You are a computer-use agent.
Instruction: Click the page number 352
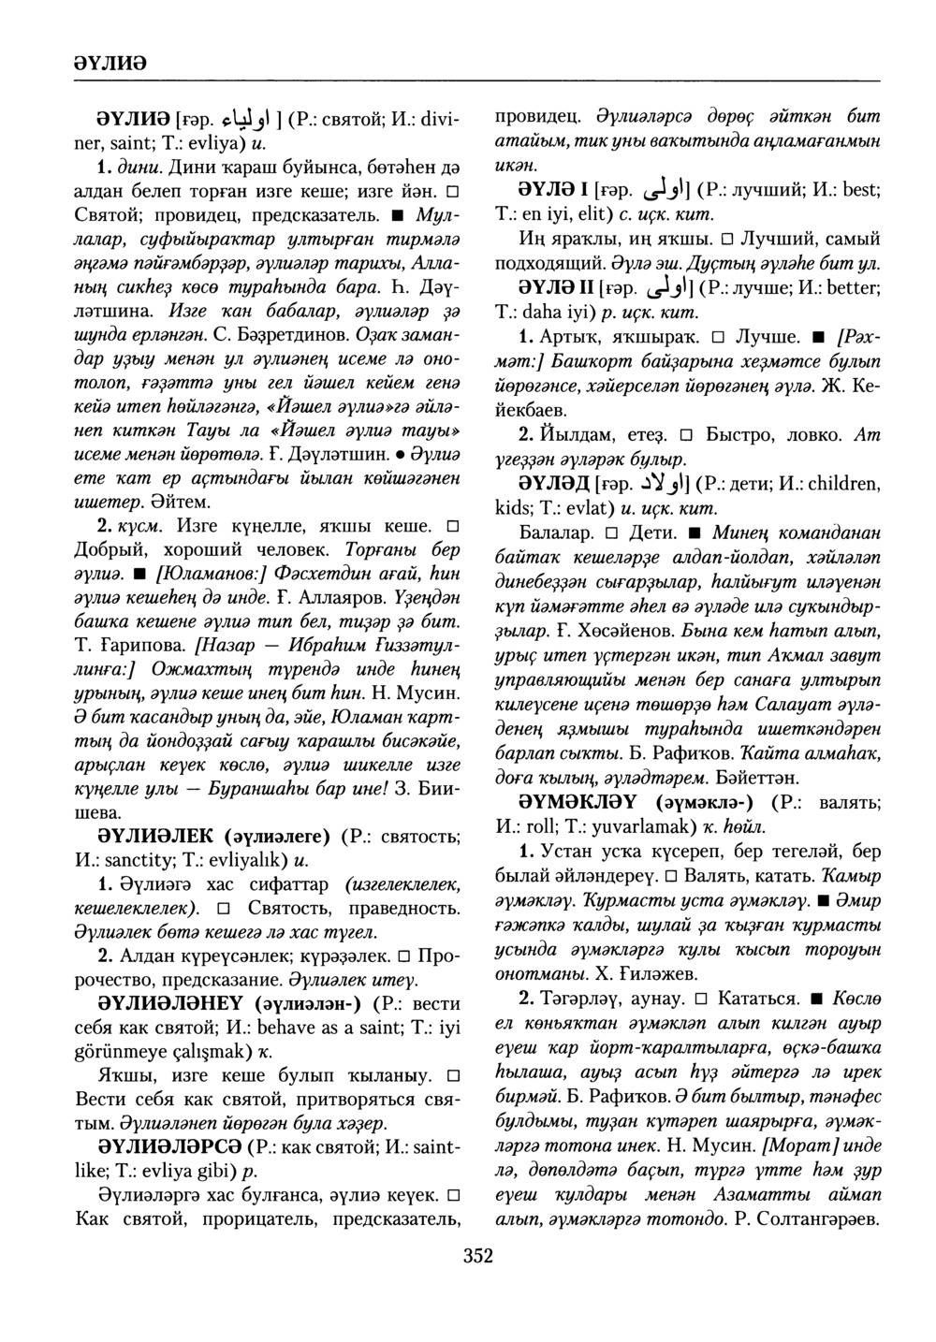pyautogui.click(x=477, y=1257)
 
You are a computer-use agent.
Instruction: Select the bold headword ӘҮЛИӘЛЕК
pyautogui.click(x=156, y=836)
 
